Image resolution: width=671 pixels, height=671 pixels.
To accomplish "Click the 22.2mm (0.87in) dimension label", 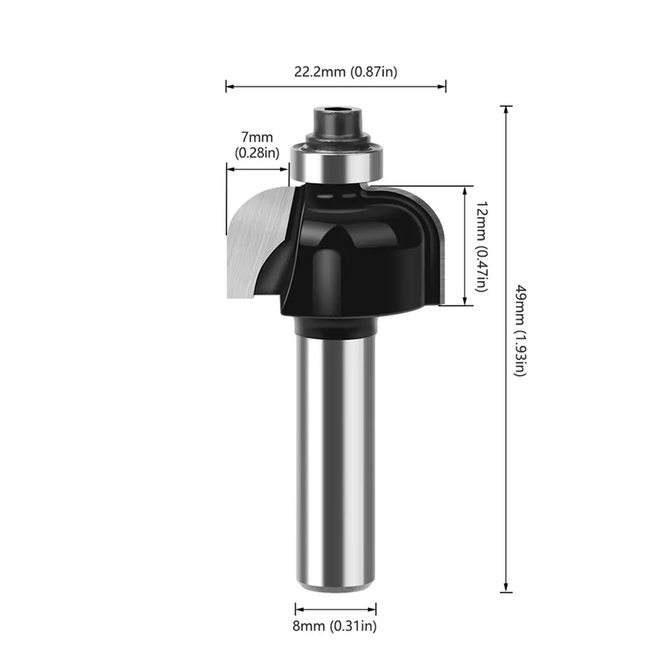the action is (345, 72).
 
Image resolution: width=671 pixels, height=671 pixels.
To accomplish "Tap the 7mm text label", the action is (257, 137).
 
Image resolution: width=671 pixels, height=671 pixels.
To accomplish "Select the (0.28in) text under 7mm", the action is (257, 153).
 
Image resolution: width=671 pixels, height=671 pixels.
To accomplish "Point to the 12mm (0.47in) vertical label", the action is (482, 246).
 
